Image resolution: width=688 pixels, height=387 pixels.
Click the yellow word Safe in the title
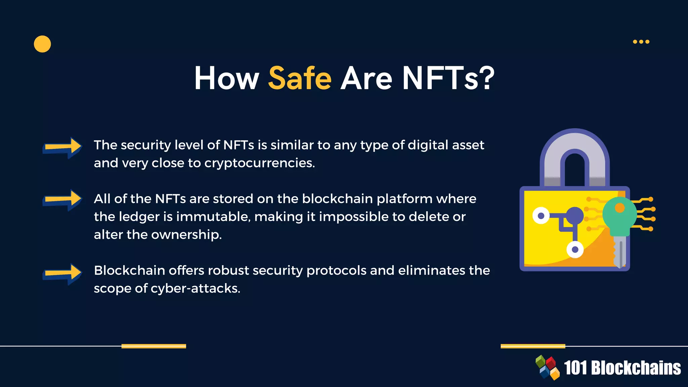click(300, 78)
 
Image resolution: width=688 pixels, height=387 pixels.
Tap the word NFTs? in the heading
click(448, 78)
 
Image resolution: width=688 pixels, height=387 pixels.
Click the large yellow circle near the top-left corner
click(42, 44)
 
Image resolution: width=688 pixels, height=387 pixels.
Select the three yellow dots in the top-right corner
click(641, 42)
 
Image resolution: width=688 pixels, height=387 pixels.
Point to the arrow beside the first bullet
click(62, 147)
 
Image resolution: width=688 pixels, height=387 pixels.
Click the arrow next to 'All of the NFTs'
click(62, 200)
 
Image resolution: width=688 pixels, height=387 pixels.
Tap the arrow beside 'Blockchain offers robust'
click(62, 273)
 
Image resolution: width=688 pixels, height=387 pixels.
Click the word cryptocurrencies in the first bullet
click(259, 163)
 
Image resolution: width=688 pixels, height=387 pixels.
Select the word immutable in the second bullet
click(213, 217)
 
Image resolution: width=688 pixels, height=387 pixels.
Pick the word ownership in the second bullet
click(186, 235)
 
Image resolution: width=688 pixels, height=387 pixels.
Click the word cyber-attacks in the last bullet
click(195, 289)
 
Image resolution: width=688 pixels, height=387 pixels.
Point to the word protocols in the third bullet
click(336, 271)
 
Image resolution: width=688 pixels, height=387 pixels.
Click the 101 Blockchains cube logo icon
click(548, 368)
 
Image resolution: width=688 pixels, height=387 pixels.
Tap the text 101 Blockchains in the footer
click(622, 368)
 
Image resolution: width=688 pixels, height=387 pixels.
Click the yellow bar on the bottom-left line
click(154, 346)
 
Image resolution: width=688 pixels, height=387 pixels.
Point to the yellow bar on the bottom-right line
click(533, 346)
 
